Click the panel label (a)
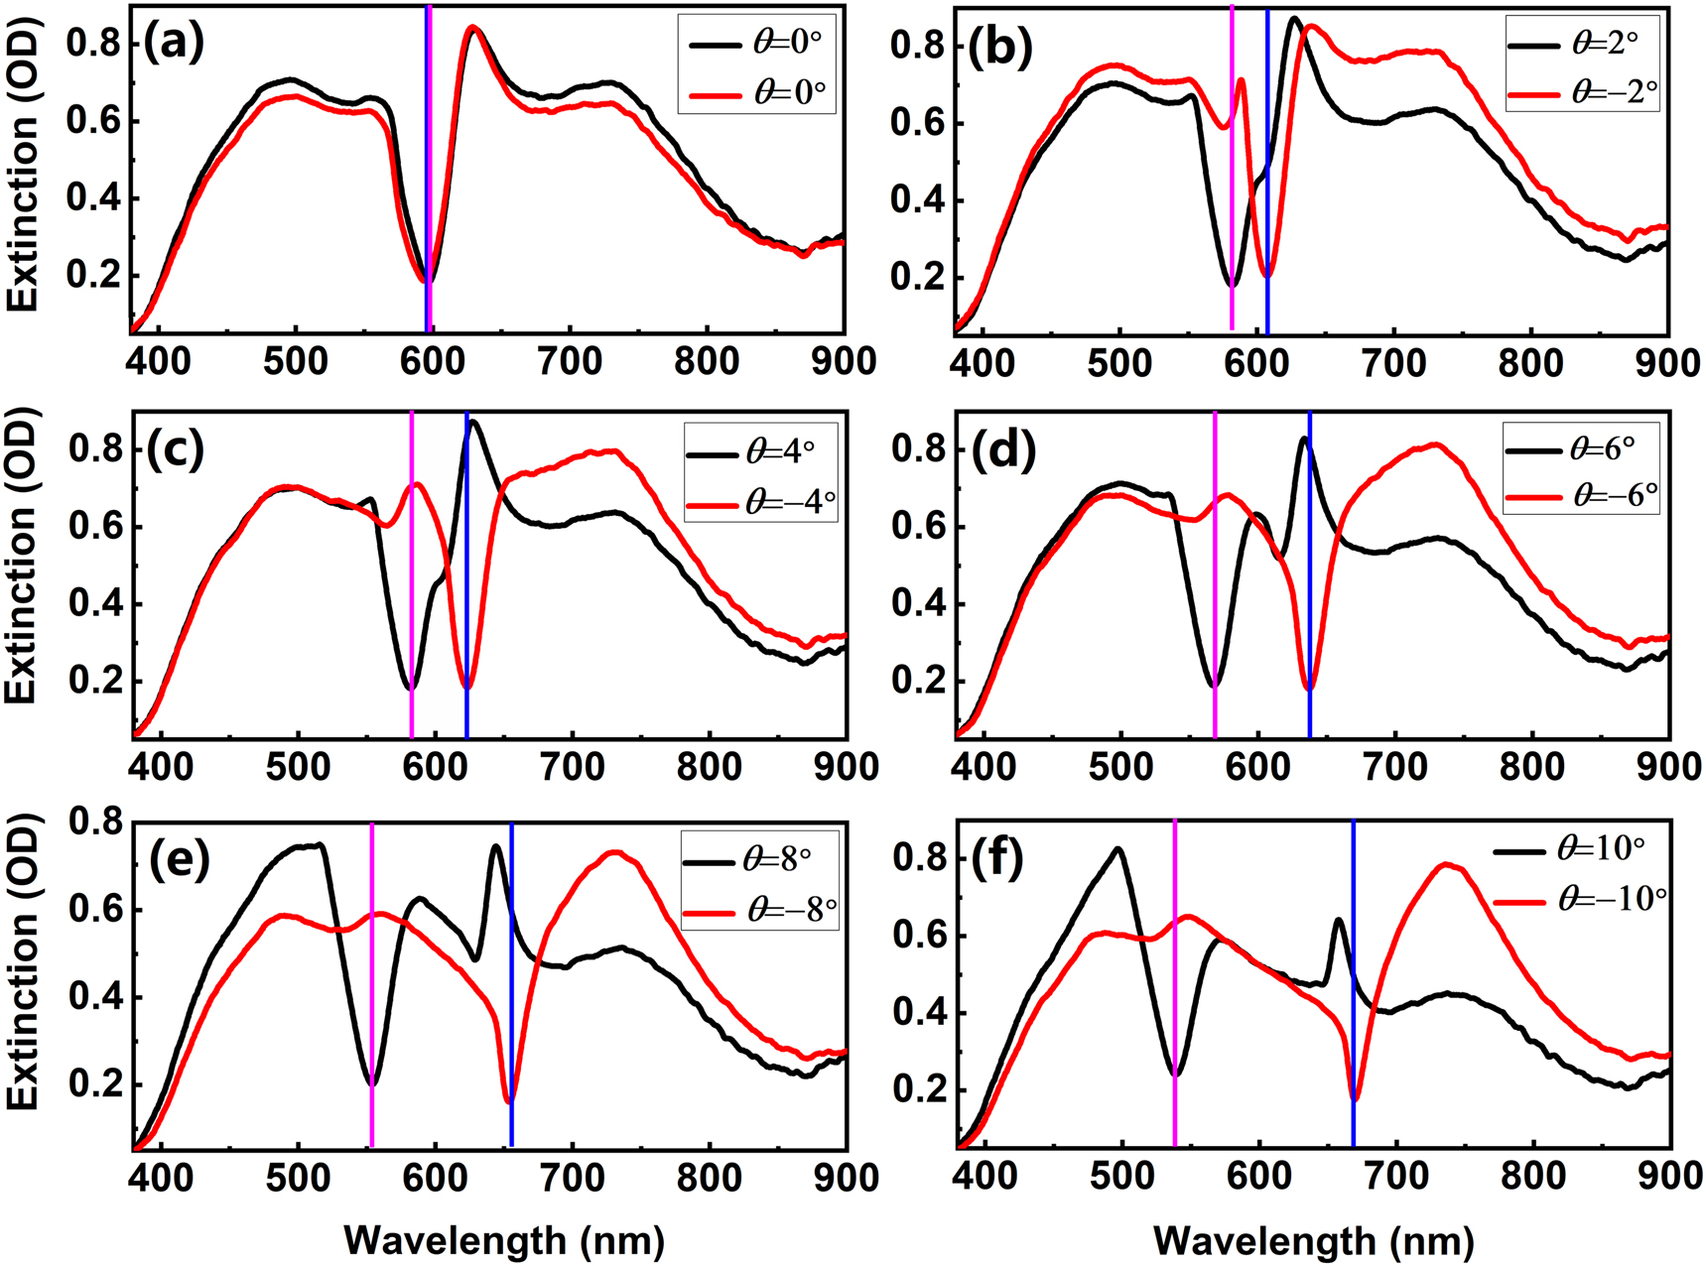click(x=174, y=45)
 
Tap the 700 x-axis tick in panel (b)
click(x=1394, y=363)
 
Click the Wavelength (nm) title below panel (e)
click(x=504, y=1240)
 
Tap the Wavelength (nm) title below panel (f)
click(x=1313, y=1240)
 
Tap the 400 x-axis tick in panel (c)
click(x=161, y=767)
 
